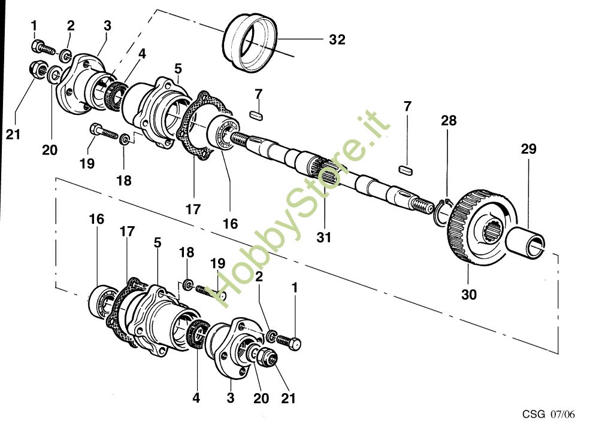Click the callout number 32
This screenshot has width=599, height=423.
point(337,39)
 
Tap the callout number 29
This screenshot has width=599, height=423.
point(529,149)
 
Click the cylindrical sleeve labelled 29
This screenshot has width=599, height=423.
point(526,242)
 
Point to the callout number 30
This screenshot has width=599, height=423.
point(469,294)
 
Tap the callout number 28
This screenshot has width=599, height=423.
point(449,120)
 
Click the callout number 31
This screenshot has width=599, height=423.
point(324,238)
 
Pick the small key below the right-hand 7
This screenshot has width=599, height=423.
point(406,170)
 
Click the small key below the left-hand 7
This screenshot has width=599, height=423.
point(256,115)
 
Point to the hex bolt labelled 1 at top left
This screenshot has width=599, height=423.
point(43,48)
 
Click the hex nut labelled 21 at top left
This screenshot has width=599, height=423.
point(38,71)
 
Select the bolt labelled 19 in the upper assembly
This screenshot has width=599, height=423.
point(104,132)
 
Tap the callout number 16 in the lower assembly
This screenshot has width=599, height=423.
point(96,219)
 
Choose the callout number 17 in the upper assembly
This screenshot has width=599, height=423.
point(193,209)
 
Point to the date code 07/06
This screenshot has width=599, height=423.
point(562,414)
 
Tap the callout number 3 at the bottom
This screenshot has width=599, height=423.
point(230,398)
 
